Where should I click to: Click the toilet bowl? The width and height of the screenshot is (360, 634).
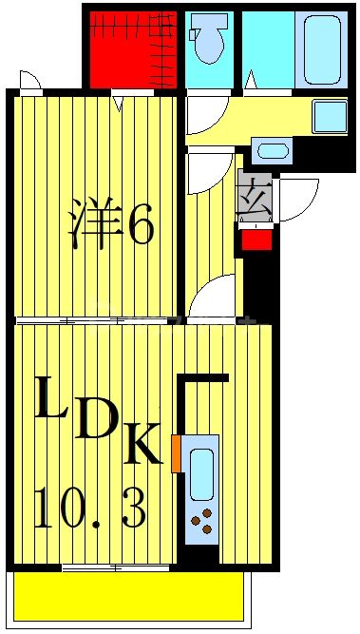pos(208,40)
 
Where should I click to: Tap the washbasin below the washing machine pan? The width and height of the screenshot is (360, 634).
pos(272,150)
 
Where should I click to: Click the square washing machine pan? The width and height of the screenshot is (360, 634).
pos(330,116)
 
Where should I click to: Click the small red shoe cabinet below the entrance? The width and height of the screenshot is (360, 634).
pos(256,239)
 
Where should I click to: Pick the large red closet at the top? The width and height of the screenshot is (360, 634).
pos(132,48)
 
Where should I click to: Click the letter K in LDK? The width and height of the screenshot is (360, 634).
pos(143,444)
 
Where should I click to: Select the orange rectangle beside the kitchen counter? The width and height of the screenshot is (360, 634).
pos(176,453)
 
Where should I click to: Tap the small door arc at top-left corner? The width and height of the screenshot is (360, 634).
pos(30,81)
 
